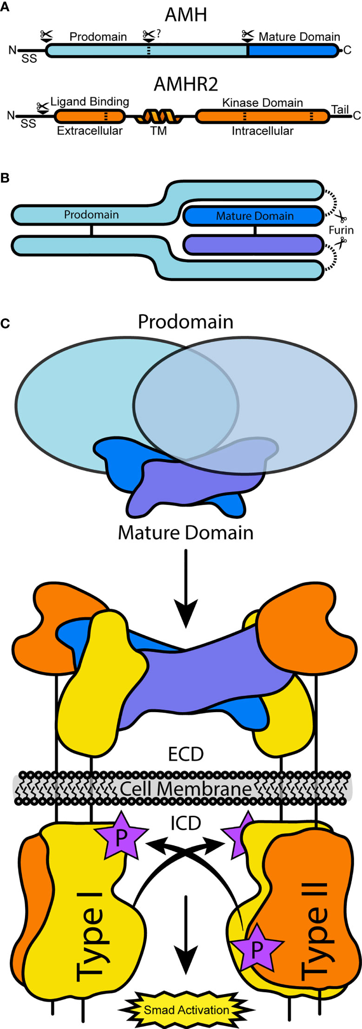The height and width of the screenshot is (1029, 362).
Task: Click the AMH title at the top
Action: pyautogui.click(x=186, y=15)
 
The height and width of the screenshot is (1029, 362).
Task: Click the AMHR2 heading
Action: pyautogui.click(x=186, y=85)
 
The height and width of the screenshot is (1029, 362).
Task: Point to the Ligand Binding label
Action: pyautogui.click(x=90, y=102)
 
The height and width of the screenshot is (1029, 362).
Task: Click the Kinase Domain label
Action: pyautogui.click(x=262, y=103)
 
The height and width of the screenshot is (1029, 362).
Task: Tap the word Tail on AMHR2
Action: pyautogui.click(x=340, y=110)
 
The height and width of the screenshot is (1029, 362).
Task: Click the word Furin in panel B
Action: pyautogui.click(x=341, y=230)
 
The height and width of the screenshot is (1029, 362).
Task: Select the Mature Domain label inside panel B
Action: pyautogui.click(x=255, y=216)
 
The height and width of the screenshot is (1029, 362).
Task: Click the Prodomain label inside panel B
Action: pyautogui.click(x=91, y=215)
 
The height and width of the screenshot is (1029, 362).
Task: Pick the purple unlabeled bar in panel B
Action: pyautogui.click(x=253, y=244)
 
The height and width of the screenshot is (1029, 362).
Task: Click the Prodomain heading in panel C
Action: pyautogui.click(x=185, y=321)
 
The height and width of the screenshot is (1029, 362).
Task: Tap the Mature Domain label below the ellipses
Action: pyautogui.click(x=185, y=532)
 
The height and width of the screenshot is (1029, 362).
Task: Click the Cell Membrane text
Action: pyautogui.click(x=185, y=788)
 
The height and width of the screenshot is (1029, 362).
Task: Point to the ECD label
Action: pyautogui.click(x=186, y=754)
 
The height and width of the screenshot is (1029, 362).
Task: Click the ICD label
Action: pyautogui.click(x=186, y=823)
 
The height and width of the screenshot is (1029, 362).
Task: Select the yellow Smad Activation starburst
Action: pyautogui.click(x=186, y=1010)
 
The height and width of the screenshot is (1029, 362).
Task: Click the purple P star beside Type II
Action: pyautogui.click(x=257, y=950)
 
